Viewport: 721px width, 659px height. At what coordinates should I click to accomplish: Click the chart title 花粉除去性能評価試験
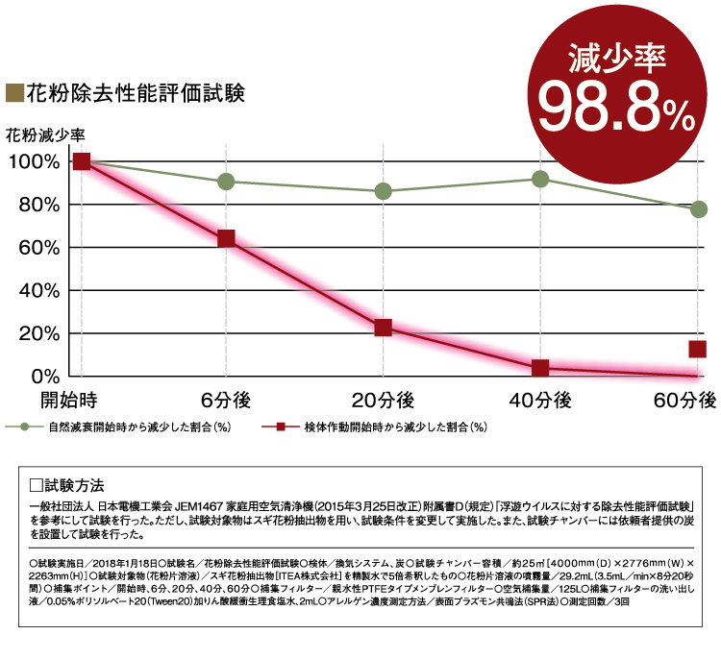pyautogui.click(x=135, y=94)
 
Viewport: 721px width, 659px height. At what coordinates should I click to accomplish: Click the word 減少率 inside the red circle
pyautogui.click(x=615, y=60)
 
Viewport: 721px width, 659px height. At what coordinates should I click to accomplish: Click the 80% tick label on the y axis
pyautogui.click(x=37, y=205)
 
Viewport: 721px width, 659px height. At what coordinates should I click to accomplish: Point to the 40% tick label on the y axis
pyautogui.click(x=37, y=290)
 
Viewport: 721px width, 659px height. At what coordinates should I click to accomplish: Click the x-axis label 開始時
pyautogui.click(x=69, y=400)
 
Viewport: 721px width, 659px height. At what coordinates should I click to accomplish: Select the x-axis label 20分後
pyautogui.click(x=383, y=400)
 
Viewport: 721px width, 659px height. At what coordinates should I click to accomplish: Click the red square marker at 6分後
pyautogui.click(x=226, y=238)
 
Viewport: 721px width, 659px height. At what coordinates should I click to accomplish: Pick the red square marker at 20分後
pyautogui.click(x=383, y=328)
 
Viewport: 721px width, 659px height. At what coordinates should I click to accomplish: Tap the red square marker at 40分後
pyautogui.click(x=540, y=368)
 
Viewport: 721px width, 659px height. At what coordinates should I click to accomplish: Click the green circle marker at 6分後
pyautogui.click(x=226, y=182)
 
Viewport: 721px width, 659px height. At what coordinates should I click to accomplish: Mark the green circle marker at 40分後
pyautogui.click(x=540, y=180)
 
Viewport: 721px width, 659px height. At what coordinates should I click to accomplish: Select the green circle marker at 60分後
pyautogui.click(x=698, y=209)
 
